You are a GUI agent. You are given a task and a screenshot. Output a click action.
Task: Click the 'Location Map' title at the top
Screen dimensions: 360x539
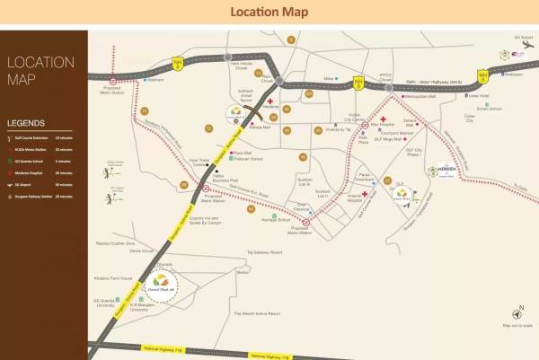pyautogui.click(x=269, y=12)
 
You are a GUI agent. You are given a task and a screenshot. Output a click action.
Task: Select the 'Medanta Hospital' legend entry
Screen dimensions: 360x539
pyautogui.click(x=28, y=172)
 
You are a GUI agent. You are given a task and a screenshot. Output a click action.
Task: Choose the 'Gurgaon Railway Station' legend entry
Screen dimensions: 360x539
pyautogui.click(x=33, y=195)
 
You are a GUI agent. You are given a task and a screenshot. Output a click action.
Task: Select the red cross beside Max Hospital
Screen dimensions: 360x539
pyautogui.click(x=383, y=119)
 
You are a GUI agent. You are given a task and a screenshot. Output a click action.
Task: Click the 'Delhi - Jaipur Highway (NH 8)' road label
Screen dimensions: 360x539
pyautogui.click(x=425, y=81)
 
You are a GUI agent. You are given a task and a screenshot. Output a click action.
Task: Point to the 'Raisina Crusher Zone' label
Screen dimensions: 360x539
pyautogui.click(x=118, y=242)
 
